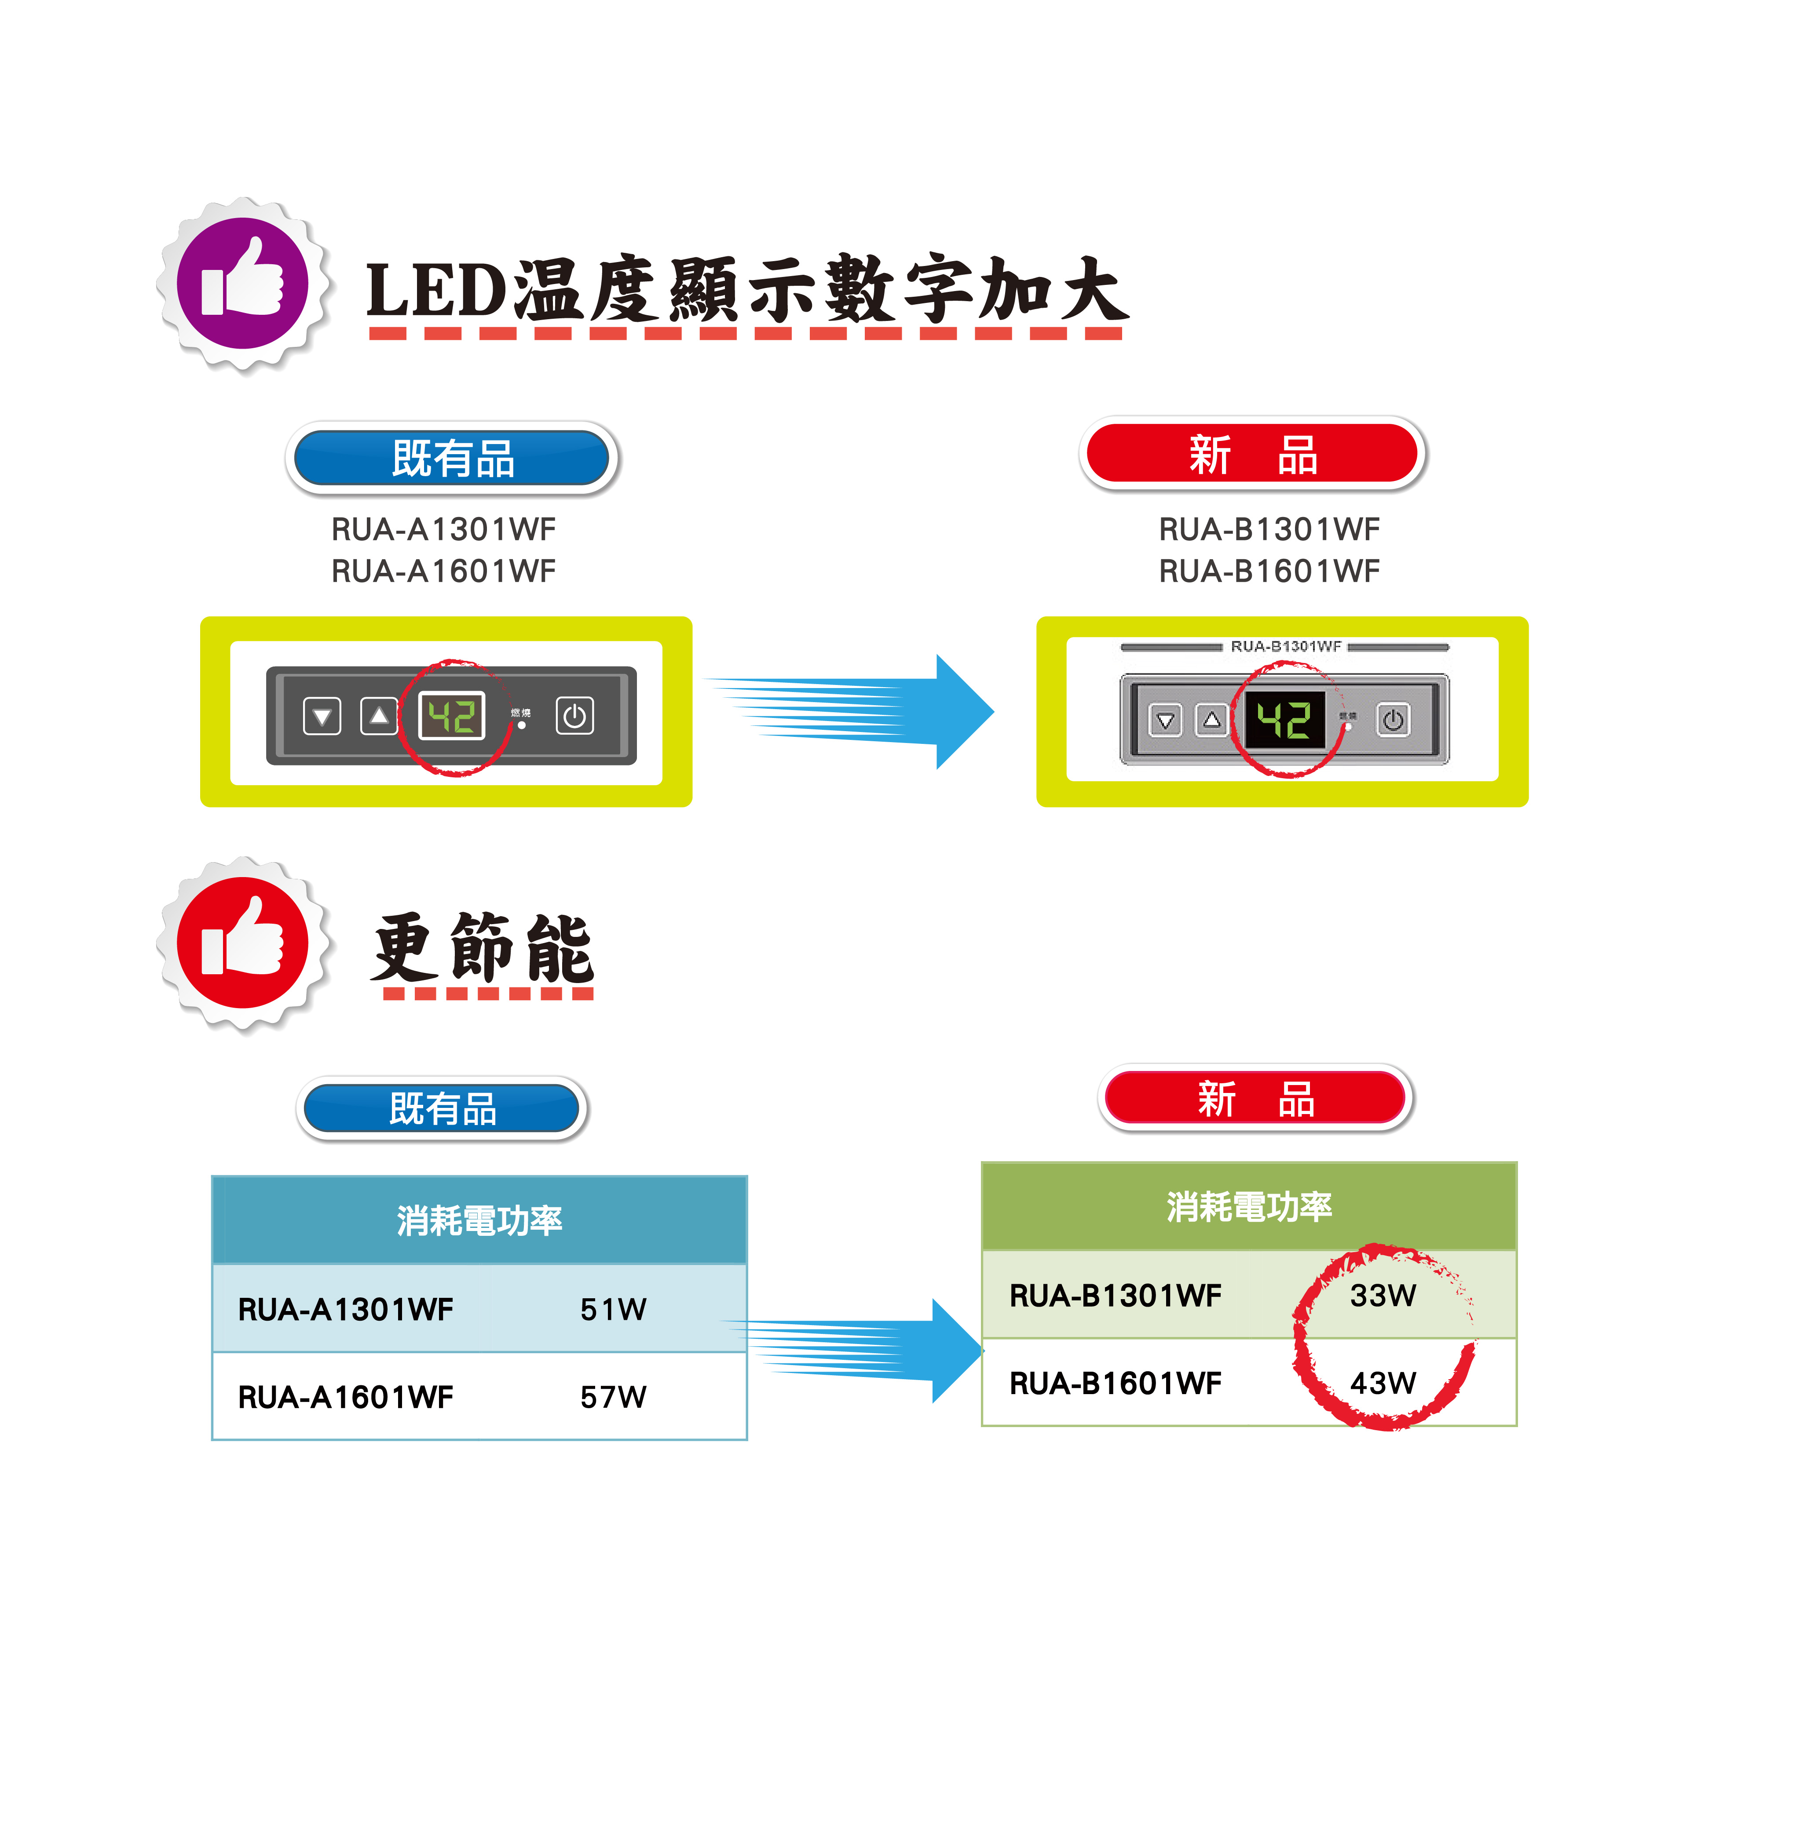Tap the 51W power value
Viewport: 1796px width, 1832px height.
613,1309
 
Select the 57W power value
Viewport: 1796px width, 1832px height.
613,1396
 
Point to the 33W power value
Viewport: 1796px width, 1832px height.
1383,1296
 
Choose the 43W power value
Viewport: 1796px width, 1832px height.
1383,1383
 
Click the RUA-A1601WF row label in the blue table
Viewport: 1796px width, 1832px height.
345,1396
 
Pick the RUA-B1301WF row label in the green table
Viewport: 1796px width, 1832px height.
1115,1296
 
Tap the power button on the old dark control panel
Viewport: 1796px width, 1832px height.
574,717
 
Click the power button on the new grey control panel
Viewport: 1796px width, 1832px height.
1393,720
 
